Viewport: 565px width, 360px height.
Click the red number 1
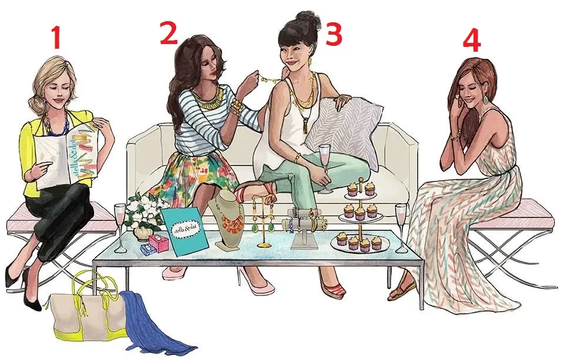coord(56,38)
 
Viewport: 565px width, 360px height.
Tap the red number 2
coord(169,32)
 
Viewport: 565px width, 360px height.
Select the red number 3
coord(334,34)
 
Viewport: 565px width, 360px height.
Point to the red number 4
coord(471,42)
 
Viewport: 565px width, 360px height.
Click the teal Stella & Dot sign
coord(186,232)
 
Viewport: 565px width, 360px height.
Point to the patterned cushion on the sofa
coord(344,128)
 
